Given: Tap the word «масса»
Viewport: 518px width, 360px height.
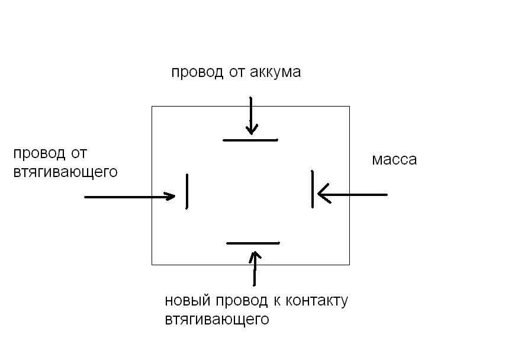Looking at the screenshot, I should [394, 160].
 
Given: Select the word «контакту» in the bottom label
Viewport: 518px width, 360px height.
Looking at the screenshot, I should [317, 301].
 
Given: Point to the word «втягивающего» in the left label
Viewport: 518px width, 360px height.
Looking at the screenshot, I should [65, 172].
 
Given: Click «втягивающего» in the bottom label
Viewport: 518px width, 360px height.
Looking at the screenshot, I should [217, 320].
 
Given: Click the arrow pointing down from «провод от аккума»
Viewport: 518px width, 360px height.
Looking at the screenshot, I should [252, 115].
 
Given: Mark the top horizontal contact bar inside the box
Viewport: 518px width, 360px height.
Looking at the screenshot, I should [250, 140].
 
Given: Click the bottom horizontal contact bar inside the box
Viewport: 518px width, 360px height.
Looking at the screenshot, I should [253, 243].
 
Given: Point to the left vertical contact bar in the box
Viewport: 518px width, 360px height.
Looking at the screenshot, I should [187, 191].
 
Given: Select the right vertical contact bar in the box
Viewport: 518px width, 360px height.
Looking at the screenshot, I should [313, 189].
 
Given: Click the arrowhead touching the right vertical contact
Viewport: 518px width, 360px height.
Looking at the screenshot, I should [323, 193].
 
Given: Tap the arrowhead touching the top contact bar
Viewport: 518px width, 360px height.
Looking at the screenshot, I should [252, 129].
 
